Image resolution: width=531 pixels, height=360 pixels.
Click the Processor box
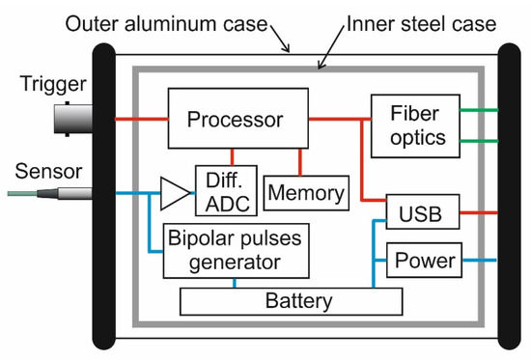(236, 120)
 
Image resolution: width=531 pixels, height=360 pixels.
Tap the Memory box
(305, 193)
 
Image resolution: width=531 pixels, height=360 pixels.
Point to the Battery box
(291, 300)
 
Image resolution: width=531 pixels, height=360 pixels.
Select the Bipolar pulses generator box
(237, 249)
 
